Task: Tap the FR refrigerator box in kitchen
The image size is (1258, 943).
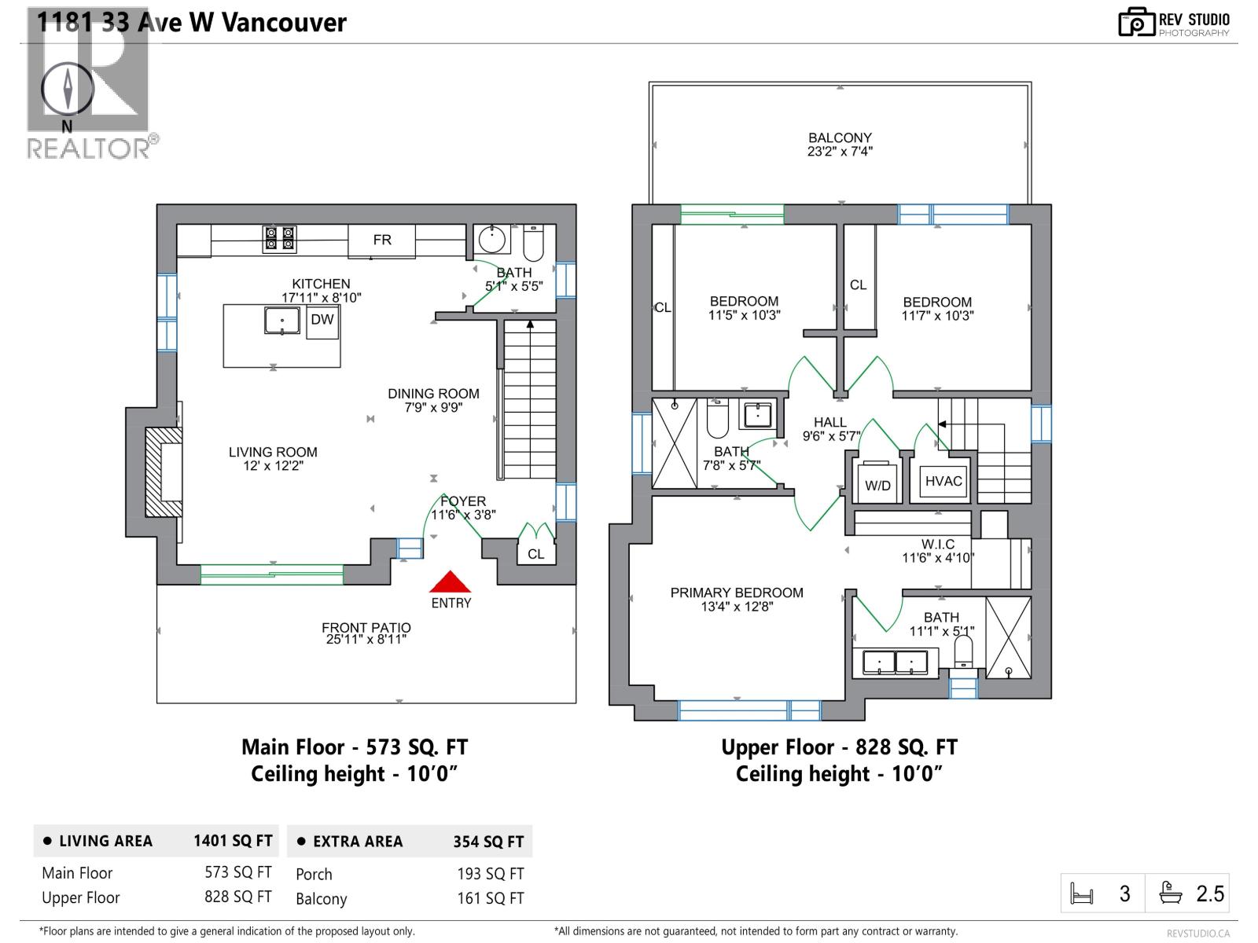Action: [x=382, y=240]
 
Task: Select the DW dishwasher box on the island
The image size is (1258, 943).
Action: [x=322, y=320]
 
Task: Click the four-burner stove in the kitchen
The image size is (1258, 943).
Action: [x=280, y=239]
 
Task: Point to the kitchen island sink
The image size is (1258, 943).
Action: [x=281, y=321]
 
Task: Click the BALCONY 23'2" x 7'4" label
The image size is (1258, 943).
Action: [x=840, y=145]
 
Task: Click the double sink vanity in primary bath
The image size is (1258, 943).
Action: [x=896, y=662]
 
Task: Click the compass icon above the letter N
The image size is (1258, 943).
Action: [x=68, y=88]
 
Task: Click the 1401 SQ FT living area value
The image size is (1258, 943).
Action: [x=233, y=841]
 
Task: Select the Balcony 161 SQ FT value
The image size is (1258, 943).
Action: [x=490, y=898]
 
